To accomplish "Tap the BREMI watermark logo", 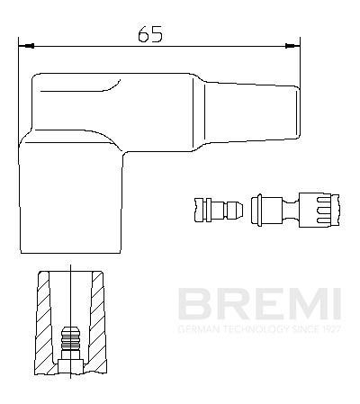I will pos(257,305).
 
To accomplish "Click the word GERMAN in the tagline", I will pos(196,329).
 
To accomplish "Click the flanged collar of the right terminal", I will pos(257,211).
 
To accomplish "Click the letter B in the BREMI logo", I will pos(192,305).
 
